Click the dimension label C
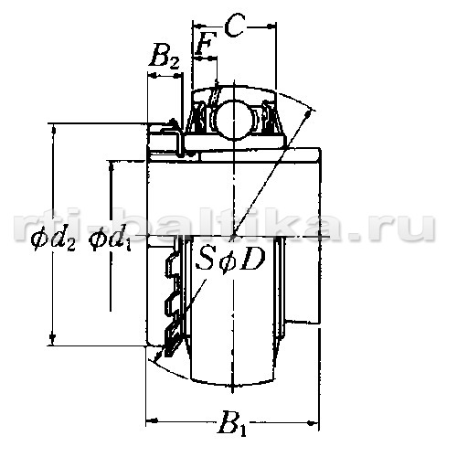[x=235, y=27]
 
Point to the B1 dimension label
[x=232, y=423]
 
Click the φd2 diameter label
[x=53, y=239]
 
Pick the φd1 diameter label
[x=110, y=239]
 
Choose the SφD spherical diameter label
[x=230, y=260]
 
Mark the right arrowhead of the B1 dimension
[x=313, y=423]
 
